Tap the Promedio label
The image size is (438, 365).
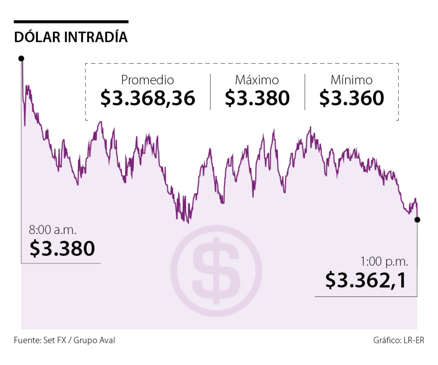tap(148, 80)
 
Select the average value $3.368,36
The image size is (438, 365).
tap(148, 98)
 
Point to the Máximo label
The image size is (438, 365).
tap(257, 80)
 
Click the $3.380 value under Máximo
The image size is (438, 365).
tap(257, 98)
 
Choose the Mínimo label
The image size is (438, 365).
tap(351, 80)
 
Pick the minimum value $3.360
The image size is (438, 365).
tap(351, 98)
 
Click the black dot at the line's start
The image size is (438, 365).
tap(21, 58)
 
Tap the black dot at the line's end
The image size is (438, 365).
tap(417, 219)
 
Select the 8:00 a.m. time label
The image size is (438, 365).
tap(52, 230)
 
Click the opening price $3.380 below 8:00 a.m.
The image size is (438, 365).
tap(62, 248)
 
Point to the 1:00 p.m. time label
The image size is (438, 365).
tap(384, 262)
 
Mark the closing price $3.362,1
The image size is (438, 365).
tap(365, 280)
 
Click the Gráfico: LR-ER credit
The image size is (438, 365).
tap(398, 340)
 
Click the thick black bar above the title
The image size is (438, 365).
tap(71, 21)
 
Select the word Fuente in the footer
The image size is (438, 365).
tap(26, 340)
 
